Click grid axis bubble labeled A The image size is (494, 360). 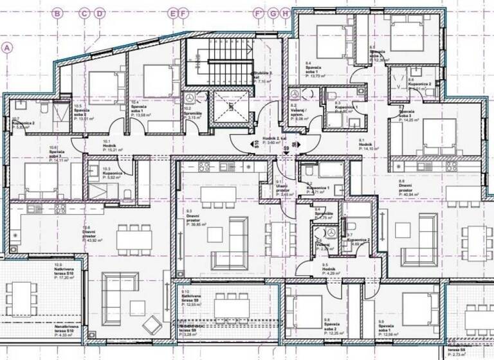(x=8, y=47)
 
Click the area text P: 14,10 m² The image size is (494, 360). (x=370, y=147)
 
